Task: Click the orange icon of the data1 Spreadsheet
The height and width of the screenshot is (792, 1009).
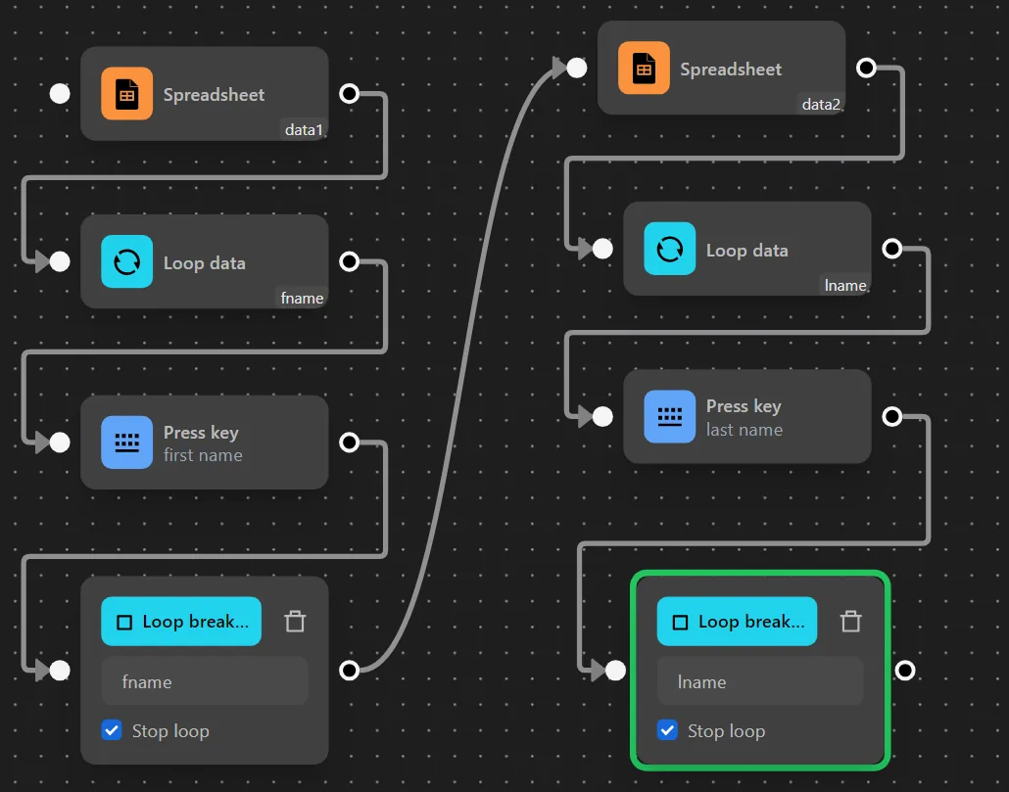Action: click(x=126, y=94)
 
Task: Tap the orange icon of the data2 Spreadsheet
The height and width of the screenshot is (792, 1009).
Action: click(x=644, y=69)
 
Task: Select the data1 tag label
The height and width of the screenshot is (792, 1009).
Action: click(x=304, y=129)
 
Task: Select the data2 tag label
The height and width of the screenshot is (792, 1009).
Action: click(x=821, y=104)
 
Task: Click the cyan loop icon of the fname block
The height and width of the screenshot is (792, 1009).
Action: click(x=126, y=262)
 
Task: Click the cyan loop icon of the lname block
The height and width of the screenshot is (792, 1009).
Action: click(x=669, y=249)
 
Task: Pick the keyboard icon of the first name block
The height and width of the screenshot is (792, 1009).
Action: click(x=126, y=443)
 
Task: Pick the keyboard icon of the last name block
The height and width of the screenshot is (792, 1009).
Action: click(x=669, y=416)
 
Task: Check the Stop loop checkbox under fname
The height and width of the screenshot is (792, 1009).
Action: click(x=112, y=730)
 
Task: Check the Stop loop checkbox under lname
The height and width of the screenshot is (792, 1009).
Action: click(x=667, y=730)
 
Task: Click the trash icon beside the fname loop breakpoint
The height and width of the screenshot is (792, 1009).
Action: click(x=295, y=621)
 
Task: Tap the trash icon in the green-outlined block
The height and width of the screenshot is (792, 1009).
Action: click(x=850, y=621)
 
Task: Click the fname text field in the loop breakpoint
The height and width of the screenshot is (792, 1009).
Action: click(x=204, y=681)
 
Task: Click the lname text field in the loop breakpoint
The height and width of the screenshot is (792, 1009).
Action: click(x=759, y=681)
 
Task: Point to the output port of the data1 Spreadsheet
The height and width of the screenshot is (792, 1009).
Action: click(x=349, y=94)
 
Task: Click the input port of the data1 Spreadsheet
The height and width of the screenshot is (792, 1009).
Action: click(x=60, y=94)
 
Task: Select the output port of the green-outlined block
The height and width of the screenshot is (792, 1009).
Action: click(x=905, y=670)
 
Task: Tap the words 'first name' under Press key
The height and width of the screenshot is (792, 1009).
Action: click(x=203, y=455)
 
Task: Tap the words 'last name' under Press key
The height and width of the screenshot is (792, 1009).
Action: click(x=745, y=430)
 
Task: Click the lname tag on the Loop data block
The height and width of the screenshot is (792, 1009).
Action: click(x=845, y=286)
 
